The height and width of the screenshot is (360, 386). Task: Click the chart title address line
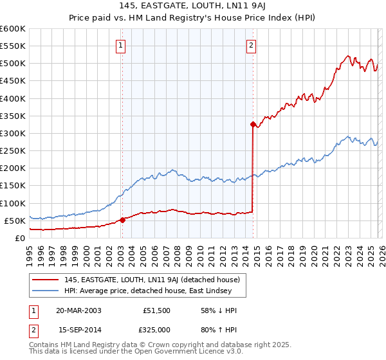[x=192, y=6]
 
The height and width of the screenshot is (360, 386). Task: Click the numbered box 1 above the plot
[x=122, y=45]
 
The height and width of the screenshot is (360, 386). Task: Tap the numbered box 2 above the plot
[x=251, y=45]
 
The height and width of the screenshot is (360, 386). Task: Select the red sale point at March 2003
[x=122, y=220]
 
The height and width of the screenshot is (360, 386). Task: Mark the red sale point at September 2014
[x=253, y=124]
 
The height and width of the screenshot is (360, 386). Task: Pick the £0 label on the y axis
[x=19, y=238]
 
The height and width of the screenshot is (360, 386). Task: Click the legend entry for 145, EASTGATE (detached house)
[x=152, y=280]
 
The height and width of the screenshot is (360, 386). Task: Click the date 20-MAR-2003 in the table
[x=78, y=310]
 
